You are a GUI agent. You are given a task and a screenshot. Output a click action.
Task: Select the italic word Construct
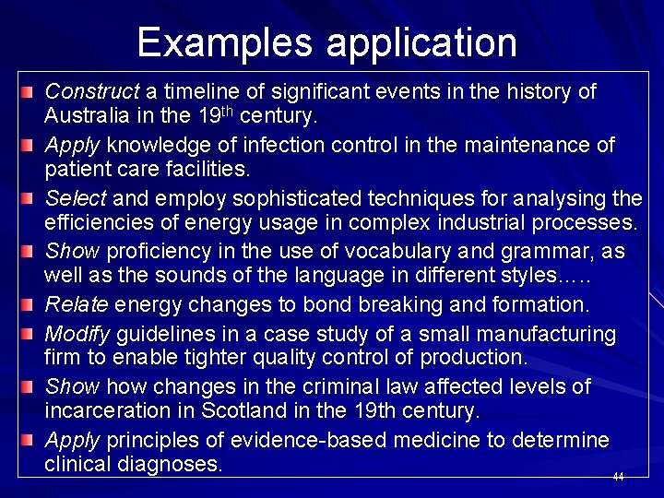pos(90,92)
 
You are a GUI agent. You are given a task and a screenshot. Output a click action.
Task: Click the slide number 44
pos(618,477)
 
